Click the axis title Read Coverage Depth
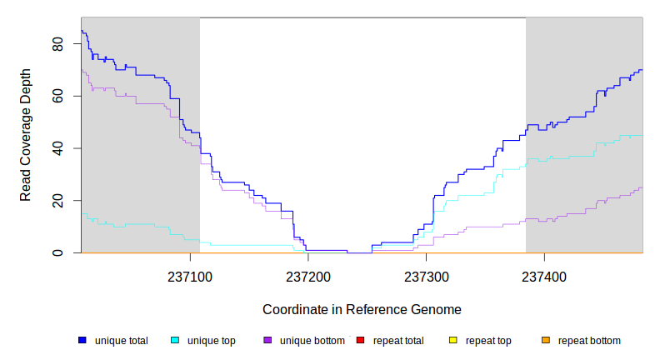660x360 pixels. pyautogui.click(x=26, y=135)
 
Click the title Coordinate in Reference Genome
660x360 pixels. pyautogui.click(x=362, y=309)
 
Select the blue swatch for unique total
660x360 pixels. pyautogui.click(x=82, y=341)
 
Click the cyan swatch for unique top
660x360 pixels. pyautogui.click(x=175, y=341)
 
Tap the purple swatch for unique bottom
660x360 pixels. pyautogui.click(x=267, y=341)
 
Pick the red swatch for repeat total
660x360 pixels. pyautogui.click(x=360, y=341)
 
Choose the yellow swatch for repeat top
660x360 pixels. pyautogui.click(x=452, y=341)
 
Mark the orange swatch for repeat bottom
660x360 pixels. pyautogui.click(x=545, y=341)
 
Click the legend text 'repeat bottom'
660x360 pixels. pyautogui.click(x=589, y=341)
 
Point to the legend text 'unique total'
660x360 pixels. pyautogui.click(x=122, y=341)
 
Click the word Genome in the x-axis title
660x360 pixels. pyautogui.click(x=436, y=309)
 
